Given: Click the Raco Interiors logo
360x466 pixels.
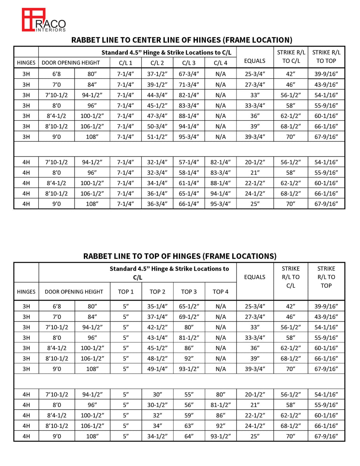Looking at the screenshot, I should coord(43,20).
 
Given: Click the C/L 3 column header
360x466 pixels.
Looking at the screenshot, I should coord(189,63).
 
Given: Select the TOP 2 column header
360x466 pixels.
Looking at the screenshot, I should coord(157,292).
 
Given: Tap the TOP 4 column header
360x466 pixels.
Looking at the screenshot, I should coord(221,292).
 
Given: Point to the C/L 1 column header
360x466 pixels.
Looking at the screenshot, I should coord(125,63).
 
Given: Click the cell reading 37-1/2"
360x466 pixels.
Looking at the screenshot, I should coord(157,74).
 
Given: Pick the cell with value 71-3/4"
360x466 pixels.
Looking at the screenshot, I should coord(189,84).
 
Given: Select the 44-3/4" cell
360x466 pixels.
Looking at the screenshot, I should coord(157,95).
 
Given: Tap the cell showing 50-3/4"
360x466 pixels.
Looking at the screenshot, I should coord(157,126).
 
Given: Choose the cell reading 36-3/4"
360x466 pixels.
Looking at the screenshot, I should coord(157,204).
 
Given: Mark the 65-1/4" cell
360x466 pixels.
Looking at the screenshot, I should coord(189,193).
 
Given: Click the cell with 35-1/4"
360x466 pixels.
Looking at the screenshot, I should coord(157,306).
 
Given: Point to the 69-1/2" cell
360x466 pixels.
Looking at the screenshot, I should coord(189,316).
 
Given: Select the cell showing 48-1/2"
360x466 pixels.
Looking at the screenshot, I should coord(157,358).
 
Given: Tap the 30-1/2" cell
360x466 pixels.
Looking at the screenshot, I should coord(157,405).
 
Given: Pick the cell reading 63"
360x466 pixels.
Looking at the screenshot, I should coord(189,426).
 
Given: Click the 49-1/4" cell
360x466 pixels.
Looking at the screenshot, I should coord(157,369).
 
